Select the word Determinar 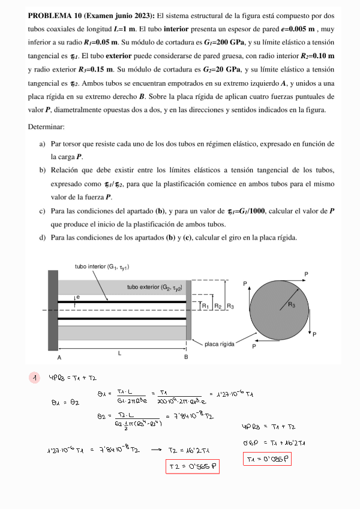[47, 127]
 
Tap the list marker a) [43, 144]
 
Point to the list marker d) [43, 238]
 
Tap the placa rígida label [220, 344]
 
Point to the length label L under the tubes [119, 353]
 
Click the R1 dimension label [205, 306]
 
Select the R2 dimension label [218, 306]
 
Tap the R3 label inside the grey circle [291, 305]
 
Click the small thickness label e [78, 297]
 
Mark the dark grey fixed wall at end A [53, 310]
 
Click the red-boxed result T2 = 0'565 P [193, 465]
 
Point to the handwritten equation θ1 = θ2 [66, 402]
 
